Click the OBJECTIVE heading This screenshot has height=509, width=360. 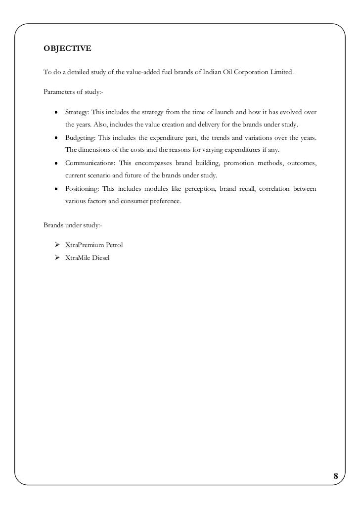pos(67,48)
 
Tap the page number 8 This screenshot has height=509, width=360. pos(336,476)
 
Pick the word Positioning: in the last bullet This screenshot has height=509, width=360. pos(82,189)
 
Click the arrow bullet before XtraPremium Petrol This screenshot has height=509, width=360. pos(57,245)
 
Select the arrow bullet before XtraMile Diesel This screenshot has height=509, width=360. pos(57,257)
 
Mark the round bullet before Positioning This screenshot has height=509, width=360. pos(57,190)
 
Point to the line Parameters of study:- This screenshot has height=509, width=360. pos(73,92)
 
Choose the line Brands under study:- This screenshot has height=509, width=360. pos(73,225)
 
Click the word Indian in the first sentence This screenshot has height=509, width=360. pos(213,73)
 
